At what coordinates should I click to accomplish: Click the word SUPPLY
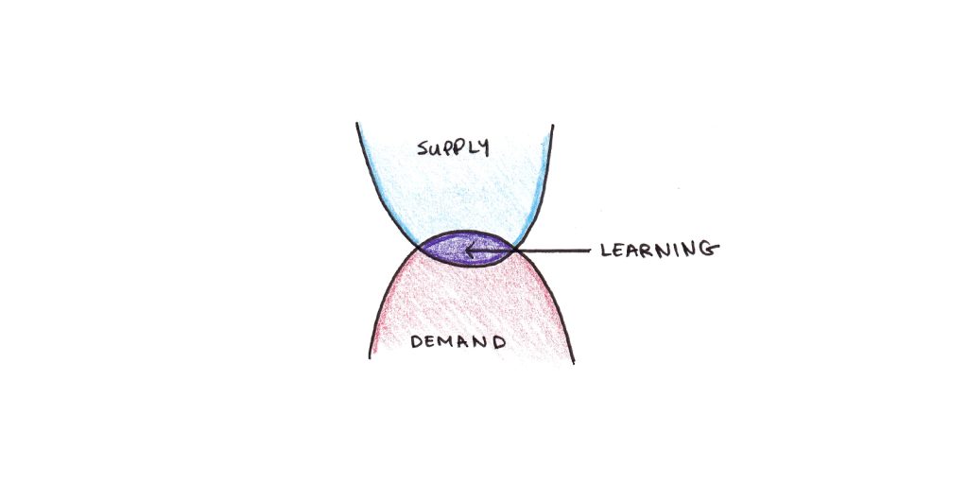click(x=453, y=147)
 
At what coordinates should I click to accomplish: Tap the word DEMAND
click(x=458, y=341)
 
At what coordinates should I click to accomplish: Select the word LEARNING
click(x=659, y=250)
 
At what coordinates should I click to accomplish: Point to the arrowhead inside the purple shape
click(x=472, y=251)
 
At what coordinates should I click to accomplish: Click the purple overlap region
click(x=466, y=249)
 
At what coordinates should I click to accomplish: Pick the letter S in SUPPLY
click(x=423, y=147)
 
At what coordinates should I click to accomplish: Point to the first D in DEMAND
click(x=418, y=341)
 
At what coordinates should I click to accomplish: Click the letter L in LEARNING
click(x=606, y=250)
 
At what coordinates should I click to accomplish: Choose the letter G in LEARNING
click(x=711, y=250)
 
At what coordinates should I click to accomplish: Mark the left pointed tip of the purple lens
click(x=419, y=248)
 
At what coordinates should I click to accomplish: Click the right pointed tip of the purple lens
click(x=515, y=248)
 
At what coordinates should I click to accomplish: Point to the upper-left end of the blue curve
click(x=356, y=124)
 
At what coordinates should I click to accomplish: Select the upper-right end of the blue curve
click(x=552, y=126)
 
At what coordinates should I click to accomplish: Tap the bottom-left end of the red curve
click(x=370, y=357)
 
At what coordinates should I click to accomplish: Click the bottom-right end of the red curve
click(x=574, y=363)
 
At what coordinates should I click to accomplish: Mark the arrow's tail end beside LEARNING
click(x=591, y=251)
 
